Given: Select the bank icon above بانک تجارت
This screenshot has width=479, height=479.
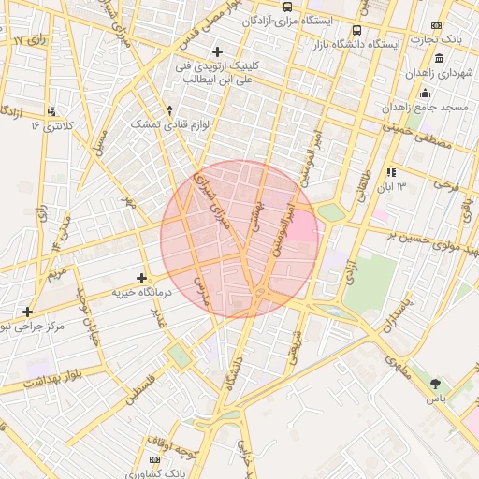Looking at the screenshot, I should [436, 25].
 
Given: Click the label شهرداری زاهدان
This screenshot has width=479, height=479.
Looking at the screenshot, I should [437, 73].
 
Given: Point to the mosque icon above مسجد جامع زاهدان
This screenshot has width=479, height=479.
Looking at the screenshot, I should [425, 93].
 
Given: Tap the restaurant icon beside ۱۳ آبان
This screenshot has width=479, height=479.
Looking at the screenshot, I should [390, 172].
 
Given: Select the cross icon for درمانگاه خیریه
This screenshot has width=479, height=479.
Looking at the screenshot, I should [141, 278].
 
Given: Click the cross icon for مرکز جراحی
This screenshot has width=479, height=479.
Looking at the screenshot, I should [27, 312].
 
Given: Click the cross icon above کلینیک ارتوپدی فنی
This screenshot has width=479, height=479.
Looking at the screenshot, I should [218, 51].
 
